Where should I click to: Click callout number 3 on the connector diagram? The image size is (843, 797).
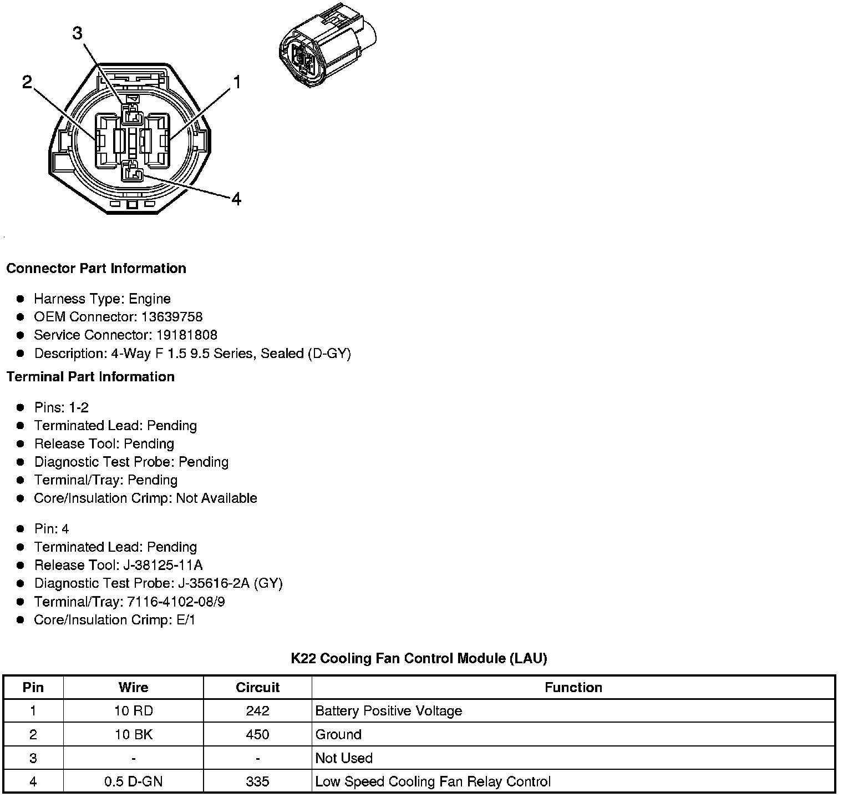[x=77, y=34]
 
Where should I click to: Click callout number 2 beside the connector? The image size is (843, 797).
[x=27, y=83]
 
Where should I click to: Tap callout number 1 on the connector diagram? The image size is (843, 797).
[x=237, y=83]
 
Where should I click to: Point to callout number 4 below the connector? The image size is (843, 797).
[x=236, y=199]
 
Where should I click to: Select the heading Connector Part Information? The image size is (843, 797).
[x=96, y=269]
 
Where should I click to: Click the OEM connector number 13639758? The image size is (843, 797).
[x=172, y=317]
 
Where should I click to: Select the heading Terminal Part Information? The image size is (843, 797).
[x=90, y=377]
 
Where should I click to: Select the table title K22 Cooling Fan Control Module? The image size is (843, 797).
[x=419, y=659]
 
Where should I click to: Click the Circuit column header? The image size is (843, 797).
[x=257, y=688]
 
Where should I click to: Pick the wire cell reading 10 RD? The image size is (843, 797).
[x=134, y=711]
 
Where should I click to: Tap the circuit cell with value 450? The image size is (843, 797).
[x=257, y=735]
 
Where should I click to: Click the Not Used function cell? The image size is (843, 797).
[x=344, y=759]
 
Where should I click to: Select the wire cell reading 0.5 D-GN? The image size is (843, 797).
[x=134, y=782]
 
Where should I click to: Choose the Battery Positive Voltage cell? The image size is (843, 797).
[x=388, y=711]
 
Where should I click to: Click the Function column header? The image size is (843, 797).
[x=573, y=688]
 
